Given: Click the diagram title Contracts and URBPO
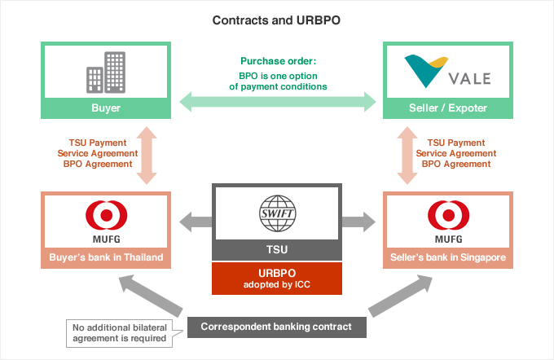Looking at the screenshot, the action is pyautogui.click(x=276, y=20).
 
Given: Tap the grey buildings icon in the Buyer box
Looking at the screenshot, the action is pyautogui.click(x=106, y=72).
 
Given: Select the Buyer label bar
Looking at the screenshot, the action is pyautogui.click(x=106, y=108).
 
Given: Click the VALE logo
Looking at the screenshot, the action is pyautogui.click(x=447, y=72).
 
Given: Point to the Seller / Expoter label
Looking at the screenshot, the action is pyautogui.click(x=448, y=108).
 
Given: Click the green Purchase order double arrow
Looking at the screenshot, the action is pyautogui.click(x=278, y=102).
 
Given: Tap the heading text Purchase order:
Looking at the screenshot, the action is pyautogui.click(x=279, y=61).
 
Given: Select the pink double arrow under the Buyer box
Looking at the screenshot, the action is pyautogui.click(x=147, y=156).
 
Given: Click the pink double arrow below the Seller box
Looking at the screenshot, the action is pyautogui.click(x=407, y=156).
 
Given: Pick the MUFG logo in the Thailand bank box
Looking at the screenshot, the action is pyautogui.click(x=107, y=222).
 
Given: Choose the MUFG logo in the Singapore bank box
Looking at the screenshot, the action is pyautogui.click(x=448, y=222).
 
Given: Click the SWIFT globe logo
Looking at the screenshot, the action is pyautogui.click(x=277, y=213).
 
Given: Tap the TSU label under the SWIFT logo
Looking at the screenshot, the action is pyautogui.click(x=277, y=250).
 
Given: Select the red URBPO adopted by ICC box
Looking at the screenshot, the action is pyautogui.click(x=277, y=279).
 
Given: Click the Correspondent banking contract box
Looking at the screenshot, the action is pyautogui.click(x=277, y=327).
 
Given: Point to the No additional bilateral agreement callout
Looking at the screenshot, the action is pyautogui.click(x=120, y=333).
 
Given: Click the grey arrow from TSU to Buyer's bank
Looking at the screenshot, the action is pyautogui.click(x=196, y=222).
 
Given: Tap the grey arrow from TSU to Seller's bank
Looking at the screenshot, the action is pyautogui.click(x=358, y=222).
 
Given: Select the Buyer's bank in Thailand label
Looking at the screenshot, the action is pyautogui.click(x=106, y=257).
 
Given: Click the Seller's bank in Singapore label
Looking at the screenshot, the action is pyautogui.click(x=448, y=257).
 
